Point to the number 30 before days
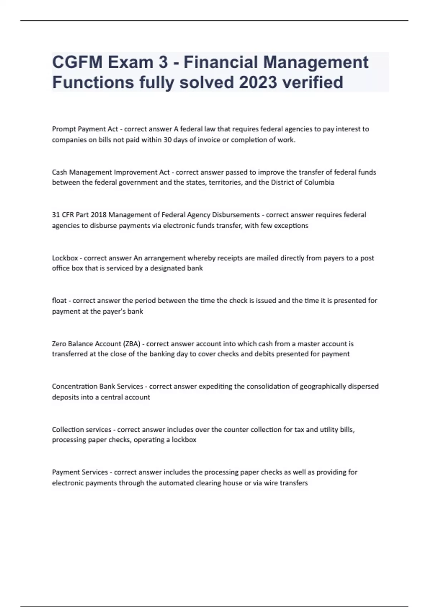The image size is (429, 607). tap(167, 140)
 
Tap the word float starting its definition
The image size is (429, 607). tap(59, 301)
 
